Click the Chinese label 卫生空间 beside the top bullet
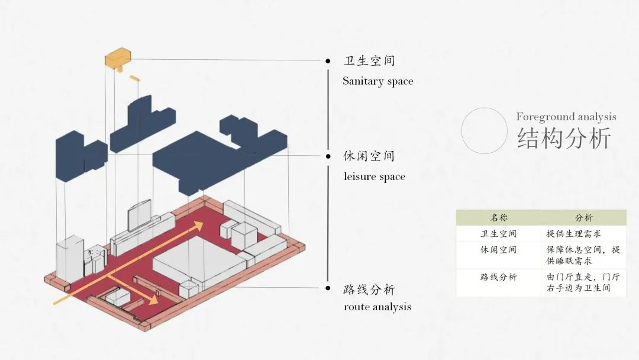coord(369,61)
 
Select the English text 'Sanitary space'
coord(377,81)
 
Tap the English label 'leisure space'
coord(374,176)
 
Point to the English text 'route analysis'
coord(377,307)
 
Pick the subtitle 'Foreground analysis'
coord(566,117)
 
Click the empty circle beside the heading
coord(484,131)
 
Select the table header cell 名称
coord(498,218)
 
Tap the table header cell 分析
coord(583,218)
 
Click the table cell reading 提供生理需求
coord(574,234)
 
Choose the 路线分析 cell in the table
coord(498,277)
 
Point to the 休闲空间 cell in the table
coord(498,250)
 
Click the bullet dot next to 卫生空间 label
coord(328,61)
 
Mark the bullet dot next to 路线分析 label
coord(328,288)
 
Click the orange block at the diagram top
coord(118,58)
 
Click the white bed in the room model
coord(198,263)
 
